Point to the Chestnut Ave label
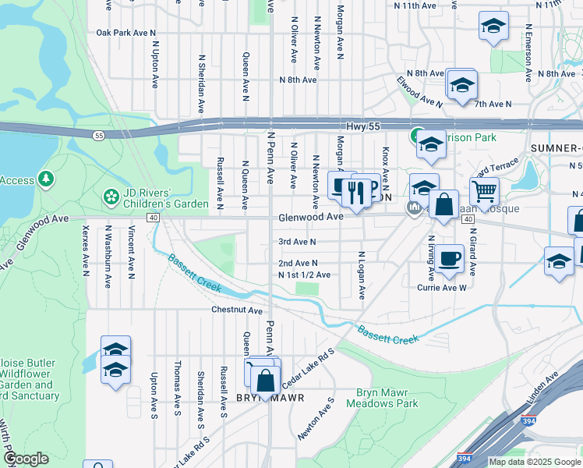[x=237, y=310]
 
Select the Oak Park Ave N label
[x=127, y=33]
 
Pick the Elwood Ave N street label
[x=419, y=90]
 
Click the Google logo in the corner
[x=25, y=459]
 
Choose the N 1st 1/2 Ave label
[x=304, y=275]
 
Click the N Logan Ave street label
[x=362, y=275]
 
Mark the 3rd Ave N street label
[x=297, y=243]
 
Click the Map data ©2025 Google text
[x=535, y=462]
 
